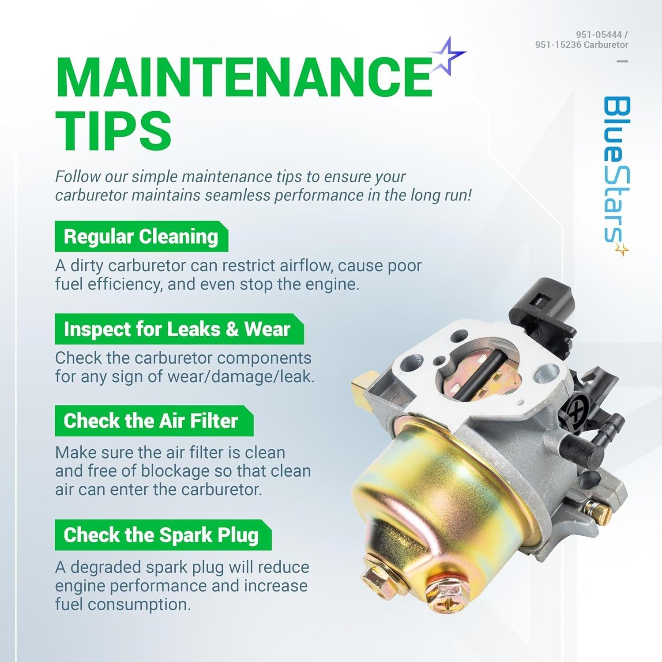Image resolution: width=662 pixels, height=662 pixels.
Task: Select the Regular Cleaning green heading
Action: (x=141, y=237)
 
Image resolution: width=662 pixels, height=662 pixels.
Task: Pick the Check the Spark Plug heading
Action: (x=161, y=535)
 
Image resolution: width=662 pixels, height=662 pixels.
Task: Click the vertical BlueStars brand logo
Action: (x=617, y=170)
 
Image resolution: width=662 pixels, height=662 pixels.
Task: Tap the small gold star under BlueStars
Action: (x=622, y=249)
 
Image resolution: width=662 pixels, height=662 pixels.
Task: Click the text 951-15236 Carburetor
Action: (x=582, y=45)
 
